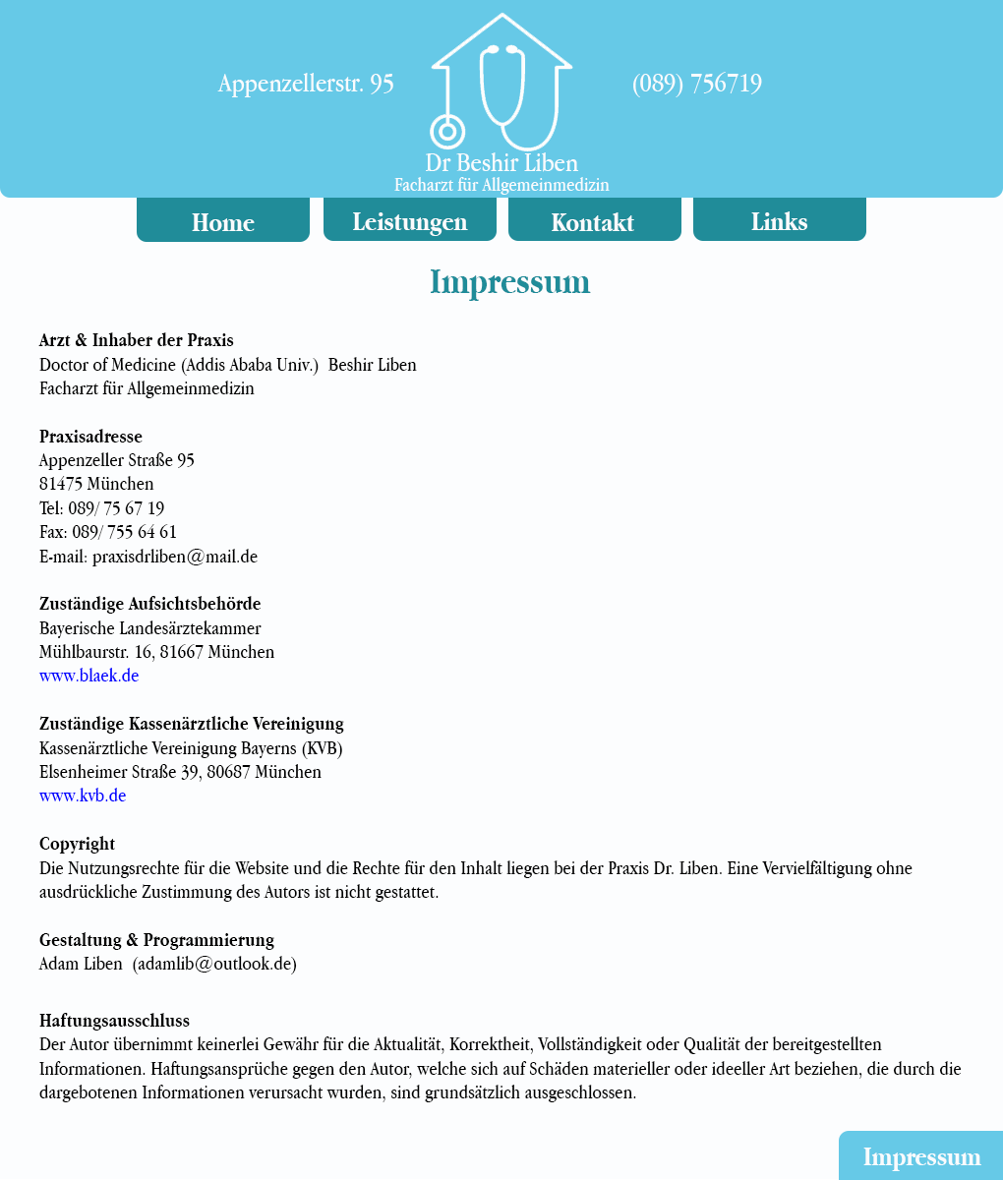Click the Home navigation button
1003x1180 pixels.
223,221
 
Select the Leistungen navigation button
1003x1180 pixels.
410,220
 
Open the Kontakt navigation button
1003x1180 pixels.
594,221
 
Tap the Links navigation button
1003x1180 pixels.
779,220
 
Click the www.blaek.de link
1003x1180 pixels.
88,676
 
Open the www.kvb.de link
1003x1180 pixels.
83,796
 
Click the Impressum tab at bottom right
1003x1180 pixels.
921,1156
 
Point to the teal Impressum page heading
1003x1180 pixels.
509,282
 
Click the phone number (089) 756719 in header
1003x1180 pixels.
696,84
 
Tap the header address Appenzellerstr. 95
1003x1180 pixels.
306,84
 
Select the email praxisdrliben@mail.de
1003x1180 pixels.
175,557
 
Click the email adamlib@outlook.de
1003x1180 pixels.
214,964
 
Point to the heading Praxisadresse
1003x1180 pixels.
90,437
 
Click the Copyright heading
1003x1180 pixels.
77,844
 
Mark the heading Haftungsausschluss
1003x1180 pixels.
114,1021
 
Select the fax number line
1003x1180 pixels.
108,532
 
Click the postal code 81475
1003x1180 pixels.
61,484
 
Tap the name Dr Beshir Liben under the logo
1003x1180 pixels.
501,162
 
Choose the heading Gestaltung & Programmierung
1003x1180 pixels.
156,940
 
